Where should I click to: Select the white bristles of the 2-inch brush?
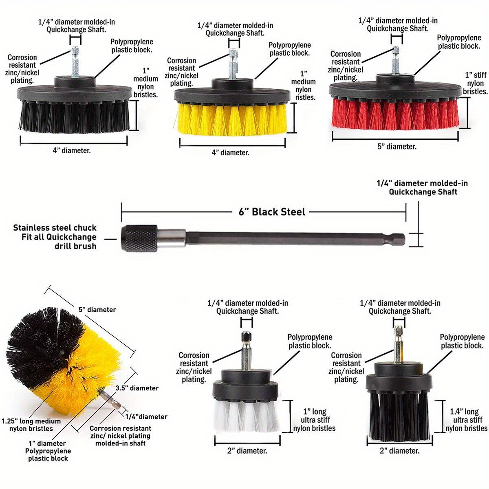[247, 418]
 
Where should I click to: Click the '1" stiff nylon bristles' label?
[475, 84]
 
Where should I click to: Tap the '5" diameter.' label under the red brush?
[396, 147]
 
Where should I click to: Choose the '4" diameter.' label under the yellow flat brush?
[230, 153]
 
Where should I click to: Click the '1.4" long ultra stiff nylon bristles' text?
[466, 420]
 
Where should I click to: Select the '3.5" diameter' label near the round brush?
[137, 388]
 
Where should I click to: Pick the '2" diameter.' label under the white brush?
[247, 451]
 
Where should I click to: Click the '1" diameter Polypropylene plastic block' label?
[48, 451]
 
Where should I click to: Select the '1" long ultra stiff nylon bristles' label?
[314, 420]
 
